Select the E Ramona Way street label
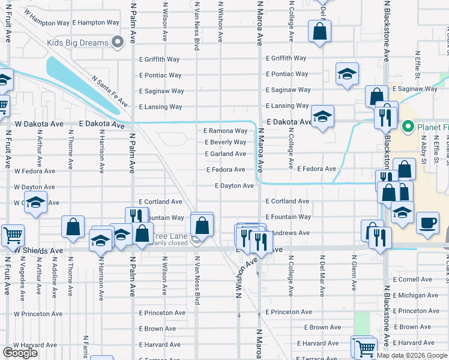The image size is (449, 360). (225, 131)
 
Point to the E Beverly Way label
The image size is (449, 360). (225, 142)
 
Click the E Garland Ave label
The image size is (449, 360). (225, 154)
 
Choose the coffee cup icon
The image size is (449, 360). (427, 222)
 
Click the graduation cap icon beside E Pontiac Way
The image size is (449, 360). (347, 74)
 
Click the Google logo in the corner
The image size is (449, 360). (20, 353)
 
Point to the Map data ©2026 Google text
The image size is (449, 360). (412, 355)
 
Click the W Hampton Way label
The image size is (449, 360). (46, 23)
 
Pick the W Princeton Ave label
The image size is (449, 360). (41, 314)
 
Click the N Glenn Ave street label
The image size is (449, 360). (354, 275)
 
